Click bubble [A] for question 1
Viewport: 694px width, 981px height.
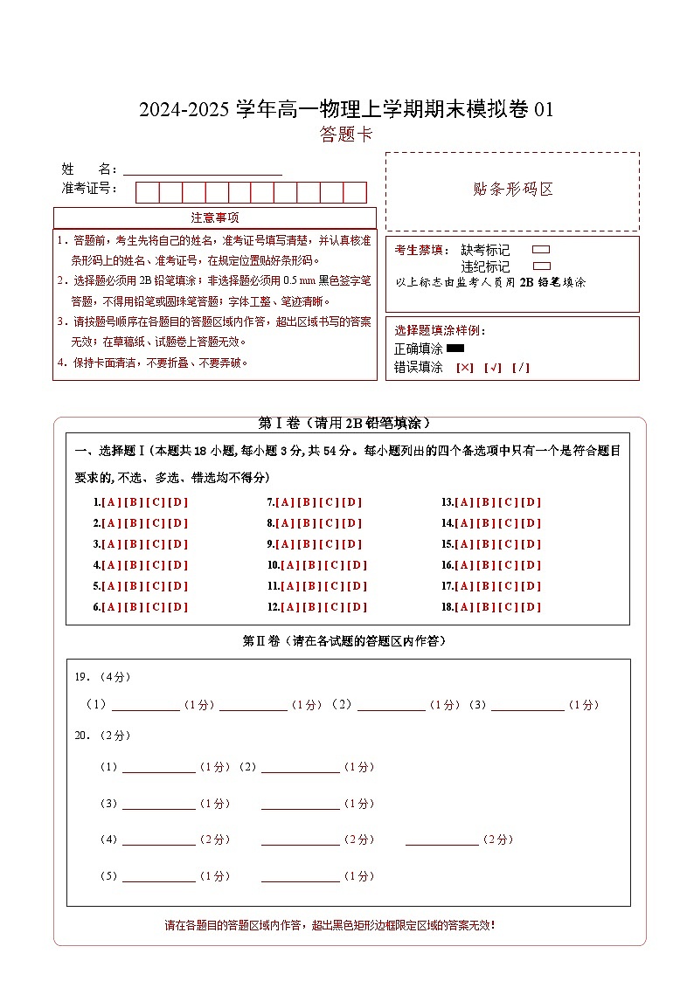click(x=111, y=502)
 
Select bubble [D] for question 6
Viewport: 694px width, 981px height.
click(x=178, y=607)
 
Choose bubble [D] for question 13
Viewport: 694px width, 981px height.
click(x=532, y=502)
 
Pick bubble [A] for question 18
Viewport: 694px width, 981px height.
click(x=464, y=607)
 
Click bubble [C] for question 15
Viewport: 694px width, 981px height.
click(x=510, y=544)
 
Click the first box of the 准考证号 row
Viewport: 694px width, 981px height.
click(x=147, y=192)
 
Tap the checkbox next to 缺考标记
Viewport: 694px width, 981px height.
click(x=541, y=250)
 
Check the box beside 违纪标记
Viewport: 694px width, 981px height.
click(x=541, y=266)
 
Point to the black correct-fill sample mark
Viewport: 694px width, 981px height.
click(x=455, y=349)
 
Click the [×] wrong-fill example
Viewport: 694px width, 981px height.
click(x=465, y=368)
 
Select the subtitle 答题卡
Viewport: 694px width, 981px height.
click(x=346, y=135)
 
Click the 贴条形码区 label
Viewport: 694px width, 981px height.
click(x=512, y=190)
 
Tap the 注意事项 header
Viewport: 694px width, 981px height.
click(x=215, y=218)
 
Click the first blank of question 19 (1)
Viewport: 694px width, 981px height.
click(x=145, y=705)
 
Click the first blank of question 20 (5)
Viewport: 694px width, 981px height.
click(x=158, y=876)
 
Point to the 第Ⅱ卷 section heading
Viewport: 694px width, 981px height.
click(x=347, y=641)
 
